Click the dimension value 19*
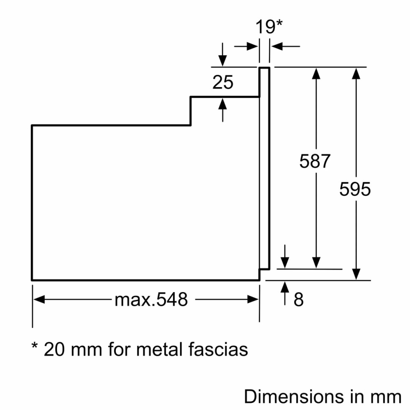pos(269,27)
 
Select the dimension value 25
pos(223,82)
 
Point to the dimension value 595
pos(355,189)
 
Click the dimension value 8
pos(298,300)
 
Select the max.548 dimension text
pos(151,300)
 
